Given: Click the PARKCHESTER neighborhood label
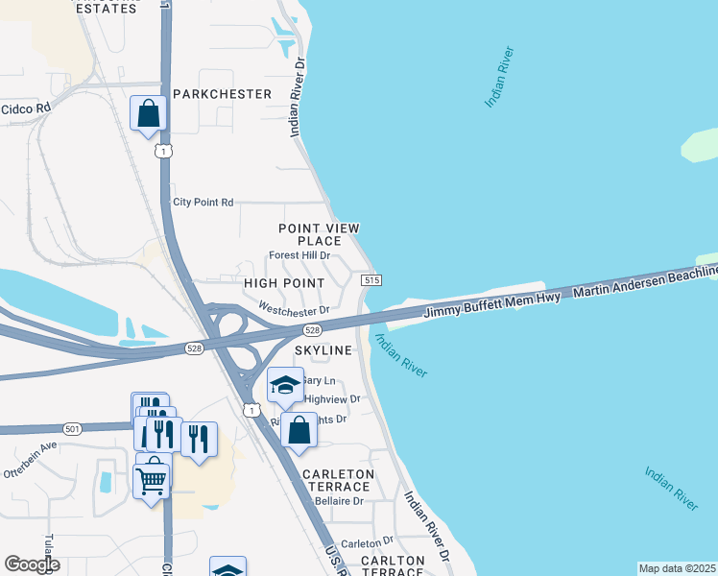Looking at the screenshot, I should click(224, 94).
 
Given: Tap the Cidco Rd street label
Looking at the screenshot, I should click(25, 108).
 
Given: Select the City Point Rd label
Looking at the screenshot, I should click(203, 203).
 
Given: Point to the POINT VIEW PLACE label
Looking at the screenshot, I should click(319, 234).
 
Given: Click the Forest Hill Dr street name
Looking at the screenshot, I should click(299, 256).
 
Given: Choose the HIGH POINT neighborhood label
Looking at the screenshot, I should click(284, 284).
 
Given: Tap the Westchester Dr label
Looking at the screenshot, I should click(294, 308).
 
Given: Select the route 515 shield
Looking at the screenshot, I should click(372, 279).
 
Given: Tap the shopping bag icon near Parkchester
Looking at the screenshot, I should click(149, 115).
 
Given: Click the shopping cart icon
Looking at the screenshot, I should click(153, 481).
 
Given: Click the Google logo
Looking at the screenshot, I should click(33, 564).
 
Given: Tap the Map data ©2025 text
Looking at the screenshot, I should click(676, 568).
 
